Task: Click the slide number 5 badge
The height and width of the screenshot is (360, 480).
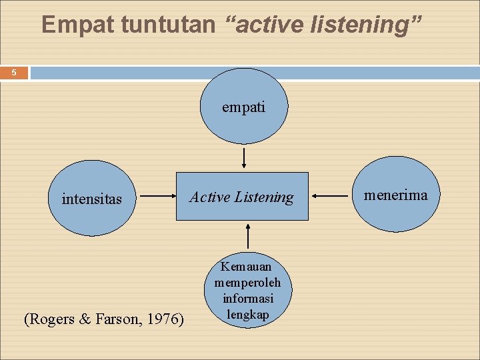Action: [13, 73]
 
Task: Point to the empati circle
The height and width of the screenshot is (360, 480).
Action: [244, 107]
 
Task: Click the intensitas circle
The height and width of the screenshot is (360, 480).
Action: [92, 198]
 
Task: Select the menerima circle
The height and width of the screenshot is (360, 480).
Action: [396, 195]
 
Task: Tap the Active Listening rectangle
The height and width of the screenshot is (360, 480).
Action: [242, 197]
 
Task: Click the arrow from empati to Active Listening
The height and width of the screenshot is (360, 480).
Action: [244, 158]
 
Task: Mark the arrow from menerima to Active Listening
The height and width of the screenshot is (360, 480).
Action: [329, 196]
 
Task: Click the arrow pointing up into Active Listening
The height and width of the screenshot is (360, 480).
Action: [247, 237]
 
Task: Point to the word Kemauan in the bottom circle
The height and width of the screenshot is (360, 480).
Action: [247, 267]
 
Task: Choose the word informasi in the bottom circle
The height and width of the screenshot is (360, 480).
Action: [247, 299]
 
